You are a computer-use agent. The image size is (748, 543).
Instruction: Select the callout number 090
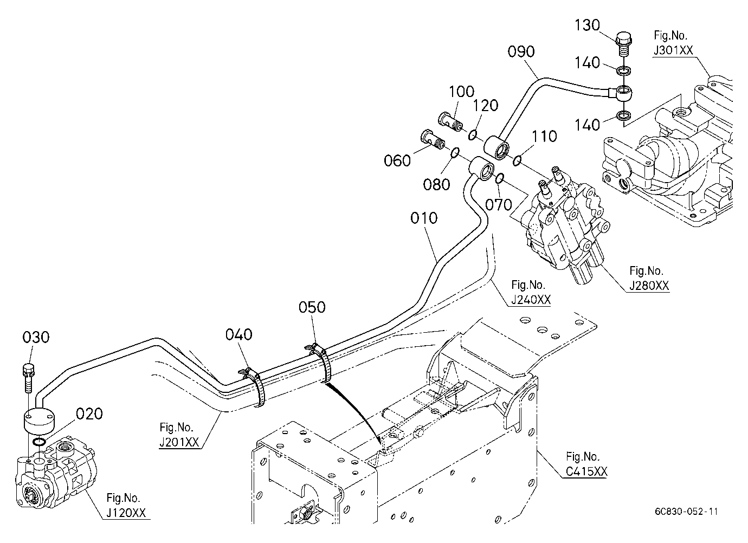pos(521,52)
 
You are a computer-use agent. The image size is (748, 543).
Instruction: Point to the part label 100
pos(461,92)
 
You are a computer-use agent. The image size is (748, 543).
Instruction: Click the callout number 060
pos(397,161)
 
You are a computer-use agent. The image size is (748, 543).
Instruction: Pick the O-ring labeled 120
pos(472,135)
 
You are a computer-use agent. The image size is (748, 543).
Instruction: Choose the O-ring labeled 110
pos(517,160)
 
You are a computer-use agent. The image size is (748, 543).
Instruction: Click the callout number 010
pos(424,218)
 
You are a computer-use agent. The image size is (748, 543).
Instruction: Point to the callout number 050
pos(312,307)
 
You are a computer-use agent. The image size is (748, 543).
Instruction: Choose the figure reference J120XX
pos(126,513)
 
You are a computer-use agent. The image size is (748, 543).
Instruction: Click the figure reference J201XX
pos(179,442)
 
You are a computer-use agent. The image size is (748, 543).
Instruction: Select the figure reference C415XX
pos(586,471)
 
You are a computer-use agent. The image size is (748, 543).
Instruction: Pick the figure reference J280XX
pos(649,286)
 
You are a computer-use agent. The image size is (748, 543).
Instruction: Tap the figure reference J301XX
pos(673,50)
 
